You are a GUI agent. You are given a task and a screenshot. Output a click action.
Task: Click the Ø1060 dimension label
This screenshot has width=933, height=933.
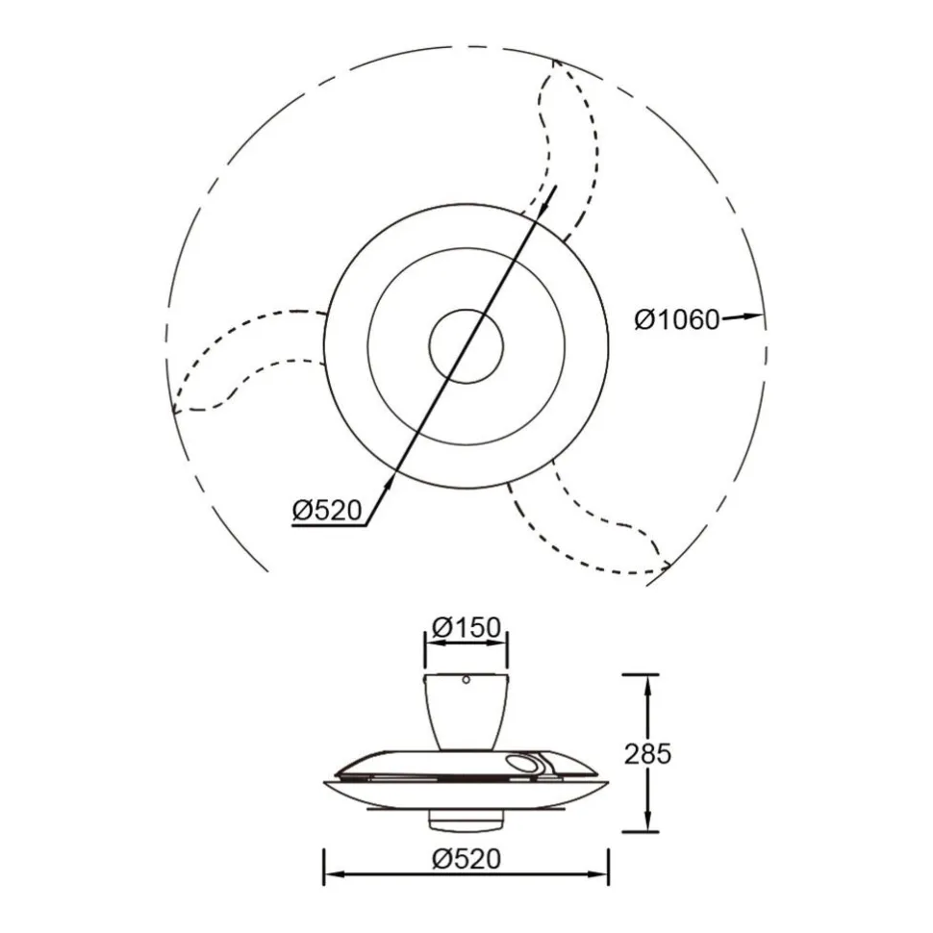coord(677,320)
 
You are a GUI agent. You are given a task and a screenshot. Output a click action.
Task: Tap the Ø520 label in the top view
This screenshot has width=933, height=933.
coord(327,510)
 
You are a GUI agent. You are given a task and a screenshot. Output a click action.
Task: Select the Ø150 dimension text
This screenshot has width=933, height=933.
coord(466,627)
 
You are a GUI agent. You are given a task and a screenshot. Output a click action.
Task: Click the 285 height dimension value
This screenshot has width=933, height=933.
coord(647,753)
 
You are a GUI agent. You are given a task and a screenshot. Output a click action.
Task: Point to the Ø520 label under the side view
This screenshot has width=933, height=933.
coord(466,859)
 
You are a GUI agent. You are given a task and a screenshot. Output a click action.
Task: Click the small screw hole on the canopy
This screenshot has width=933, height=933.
coord(466,679)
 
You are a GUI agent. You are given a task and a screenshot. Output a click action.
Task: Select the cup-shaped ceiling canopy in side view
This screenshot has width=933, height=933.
coord(466,712)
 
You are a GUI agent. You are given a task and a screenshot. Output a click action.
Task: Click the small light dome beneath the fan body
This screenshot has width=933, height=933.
coord(466,822)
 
